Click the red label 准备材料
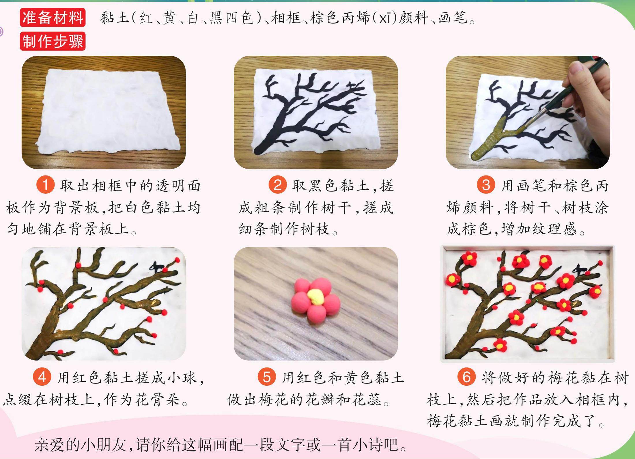click(x=53, y=17)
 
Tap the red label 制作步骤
click(x=53, y=41)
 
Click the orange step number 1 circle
click(x=46, y=184)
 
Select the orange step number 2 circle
click(x=278, y=184)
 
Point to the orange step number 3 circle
click(x=486, y=184)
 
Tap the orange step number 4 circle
click(x=42, y=377)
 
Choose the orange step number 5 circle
click(x=267, y=377)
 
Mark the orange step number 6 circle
click(x=466, y=377)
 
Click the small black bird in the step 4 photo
click(x=156, y=267)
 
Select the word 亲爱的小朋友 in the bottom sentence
click(x=81, y=445)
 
